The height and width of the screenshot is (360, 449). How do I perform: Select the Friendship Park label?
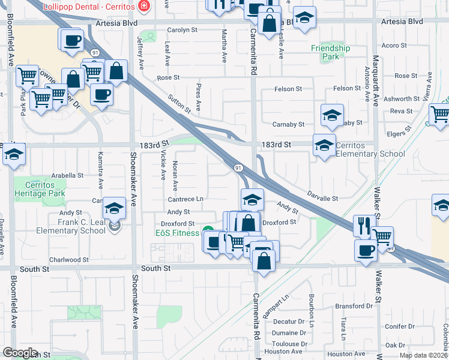(x=330, y=53)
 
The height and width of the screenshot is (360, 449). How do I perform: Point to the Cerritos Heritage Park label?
(x=45, y=190)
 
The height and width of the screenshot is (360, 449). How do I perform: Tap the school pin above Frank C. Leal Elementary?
(x=113, y=208)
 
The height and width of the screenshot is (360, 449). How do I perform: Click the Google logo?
(x=20, y=353)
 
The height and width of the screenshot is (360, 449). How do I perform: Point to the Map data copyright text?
(x=423, y=355)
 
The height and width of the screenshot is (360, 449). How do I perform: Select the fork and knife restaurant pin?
(x=364, y=226)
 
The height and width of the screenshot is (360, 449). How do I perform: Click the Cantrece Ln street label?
(x=185, y=199)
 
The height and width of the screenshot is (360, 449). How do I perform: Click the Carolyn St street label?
(x=182, y=29)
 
